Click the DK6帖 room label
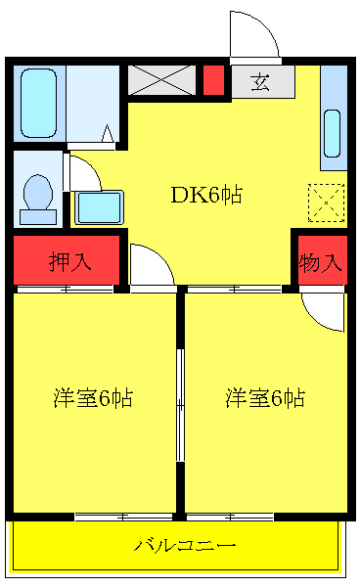[x=206, y=195]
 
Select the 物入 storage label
[x=321, y=262]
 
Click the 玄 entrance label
[x=260, y=82]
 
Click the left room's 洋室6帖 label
[x=93, y=398]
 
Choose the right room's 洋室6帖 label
[x=265, y=398]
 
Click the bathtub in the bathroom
[x=39, y=104]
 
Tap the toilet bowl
[x=38, y=192]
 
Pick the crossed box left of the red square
[x=161, y=80]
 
